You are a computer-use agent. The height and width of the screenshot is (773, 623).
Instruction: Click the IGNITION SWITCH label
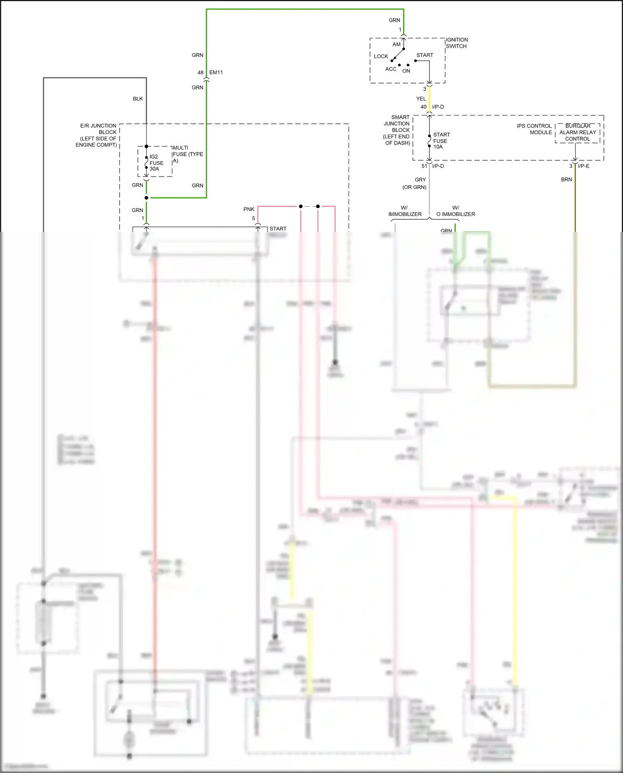coord(456,43)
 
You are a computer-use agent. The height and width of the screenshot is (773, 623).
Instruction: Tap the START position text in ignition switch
coord(424,55)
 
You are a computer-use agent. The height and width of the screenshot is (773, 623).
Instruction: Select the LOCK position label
coord(380,56)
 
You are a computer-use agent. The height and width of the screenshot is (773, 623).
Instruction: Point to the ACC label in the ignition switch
coord(390,69)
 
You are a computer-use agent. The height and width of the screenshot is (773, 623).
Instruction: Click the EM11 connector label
coord(216,73)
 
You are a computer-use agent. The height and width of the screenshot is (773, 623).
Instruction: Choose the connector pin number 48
coord(200,73)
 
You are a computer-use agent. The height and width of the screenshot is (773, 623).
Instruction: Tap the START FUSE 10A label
coord(441,141)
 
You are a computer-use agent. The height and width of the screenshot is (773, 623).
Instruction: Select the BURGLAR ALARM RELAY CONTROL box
coord(577,133)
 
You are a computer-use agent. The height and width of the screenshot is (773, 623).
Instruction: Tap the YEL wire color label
coord(421,99)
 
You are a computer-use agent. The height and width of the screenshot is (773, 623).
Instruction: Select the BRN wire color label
coord(566,180)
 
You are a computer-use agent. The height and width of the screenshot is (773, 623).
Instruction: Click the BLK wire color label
coord(137,99)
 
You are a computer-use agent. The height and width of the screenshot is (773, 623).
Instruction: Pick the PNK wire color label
coord(249,209)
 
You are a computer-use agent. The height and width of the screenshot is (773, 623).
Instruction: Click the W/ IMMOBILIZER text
coord(405,211)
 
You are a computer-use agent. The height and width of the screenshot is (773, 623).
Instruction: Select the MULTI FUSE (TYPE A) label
coord(187,154)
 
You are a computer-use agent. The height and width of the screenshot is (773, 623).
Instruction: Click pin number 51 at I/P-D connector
coord(424,166)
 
